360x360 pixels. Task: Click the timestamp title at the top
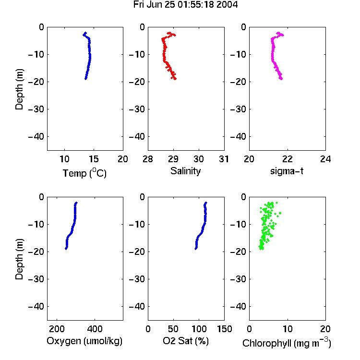[185, 5]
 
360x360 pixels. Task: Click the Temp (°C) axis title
[84, 173]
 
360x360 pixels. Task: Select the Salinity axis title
[185, 171]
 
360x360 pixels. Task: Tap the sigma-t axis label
[287, 171]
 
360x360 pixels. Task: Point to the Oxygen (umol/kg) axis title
[84, 341]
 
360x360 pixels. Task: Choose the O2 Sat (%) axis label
[186, 341]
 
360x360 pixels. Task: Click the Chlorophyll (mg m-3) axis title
[287, 343]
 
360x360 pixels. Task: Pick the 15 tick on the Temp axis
[94, 159]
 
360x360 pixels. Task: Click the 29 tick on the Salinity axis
[173, 159]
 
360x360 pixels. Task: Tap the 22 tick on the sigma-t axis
[288, 159]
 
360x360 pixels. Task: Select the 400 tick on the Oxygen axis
[95, 329]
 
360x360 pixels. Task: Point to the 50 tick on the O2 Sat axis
[173, 329]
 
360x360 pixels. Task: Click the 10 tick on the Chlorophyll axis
[288, 329]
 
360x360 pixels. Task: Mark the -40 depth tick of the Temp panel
[36, 137]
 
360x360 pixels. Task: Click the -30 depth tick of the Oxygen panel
[36, 279]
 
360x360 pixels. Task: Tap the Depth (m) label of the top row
[19, 89]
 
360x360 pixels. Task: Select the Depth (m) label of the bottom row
[19, 259]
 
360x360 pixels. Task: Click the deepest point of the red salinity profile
[175, 79]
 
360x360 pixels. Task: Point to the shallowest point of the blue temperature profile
[85, 33]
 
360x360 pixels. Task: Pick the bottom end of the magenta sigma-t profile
[281, 79]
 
